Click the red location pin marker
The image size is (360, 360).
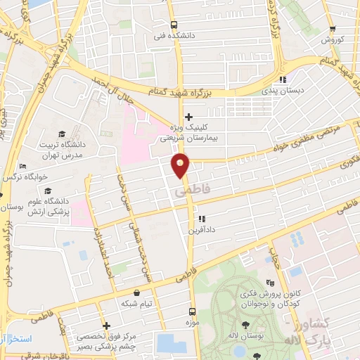[181, 166]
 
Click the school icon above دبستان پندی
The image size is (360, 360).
[282, 79]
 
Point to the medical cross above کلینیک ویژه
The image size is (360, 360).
[188, 117]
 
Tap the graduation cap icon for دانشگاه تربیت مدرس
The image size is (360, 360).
[62, 134]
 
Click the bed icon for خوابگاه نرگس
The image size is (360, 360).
[23, 167]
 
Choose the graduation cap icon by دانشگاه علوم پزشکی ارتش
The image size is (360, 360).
[48, 191]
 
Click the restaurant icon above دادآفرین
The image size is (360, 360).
[202, 219]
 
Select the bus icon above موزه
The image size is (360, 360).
[193, 310]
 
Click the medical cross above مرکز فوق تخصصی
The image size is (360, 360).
[106, 326]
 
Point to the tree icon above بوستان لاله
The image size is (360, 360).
[245, 324]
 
